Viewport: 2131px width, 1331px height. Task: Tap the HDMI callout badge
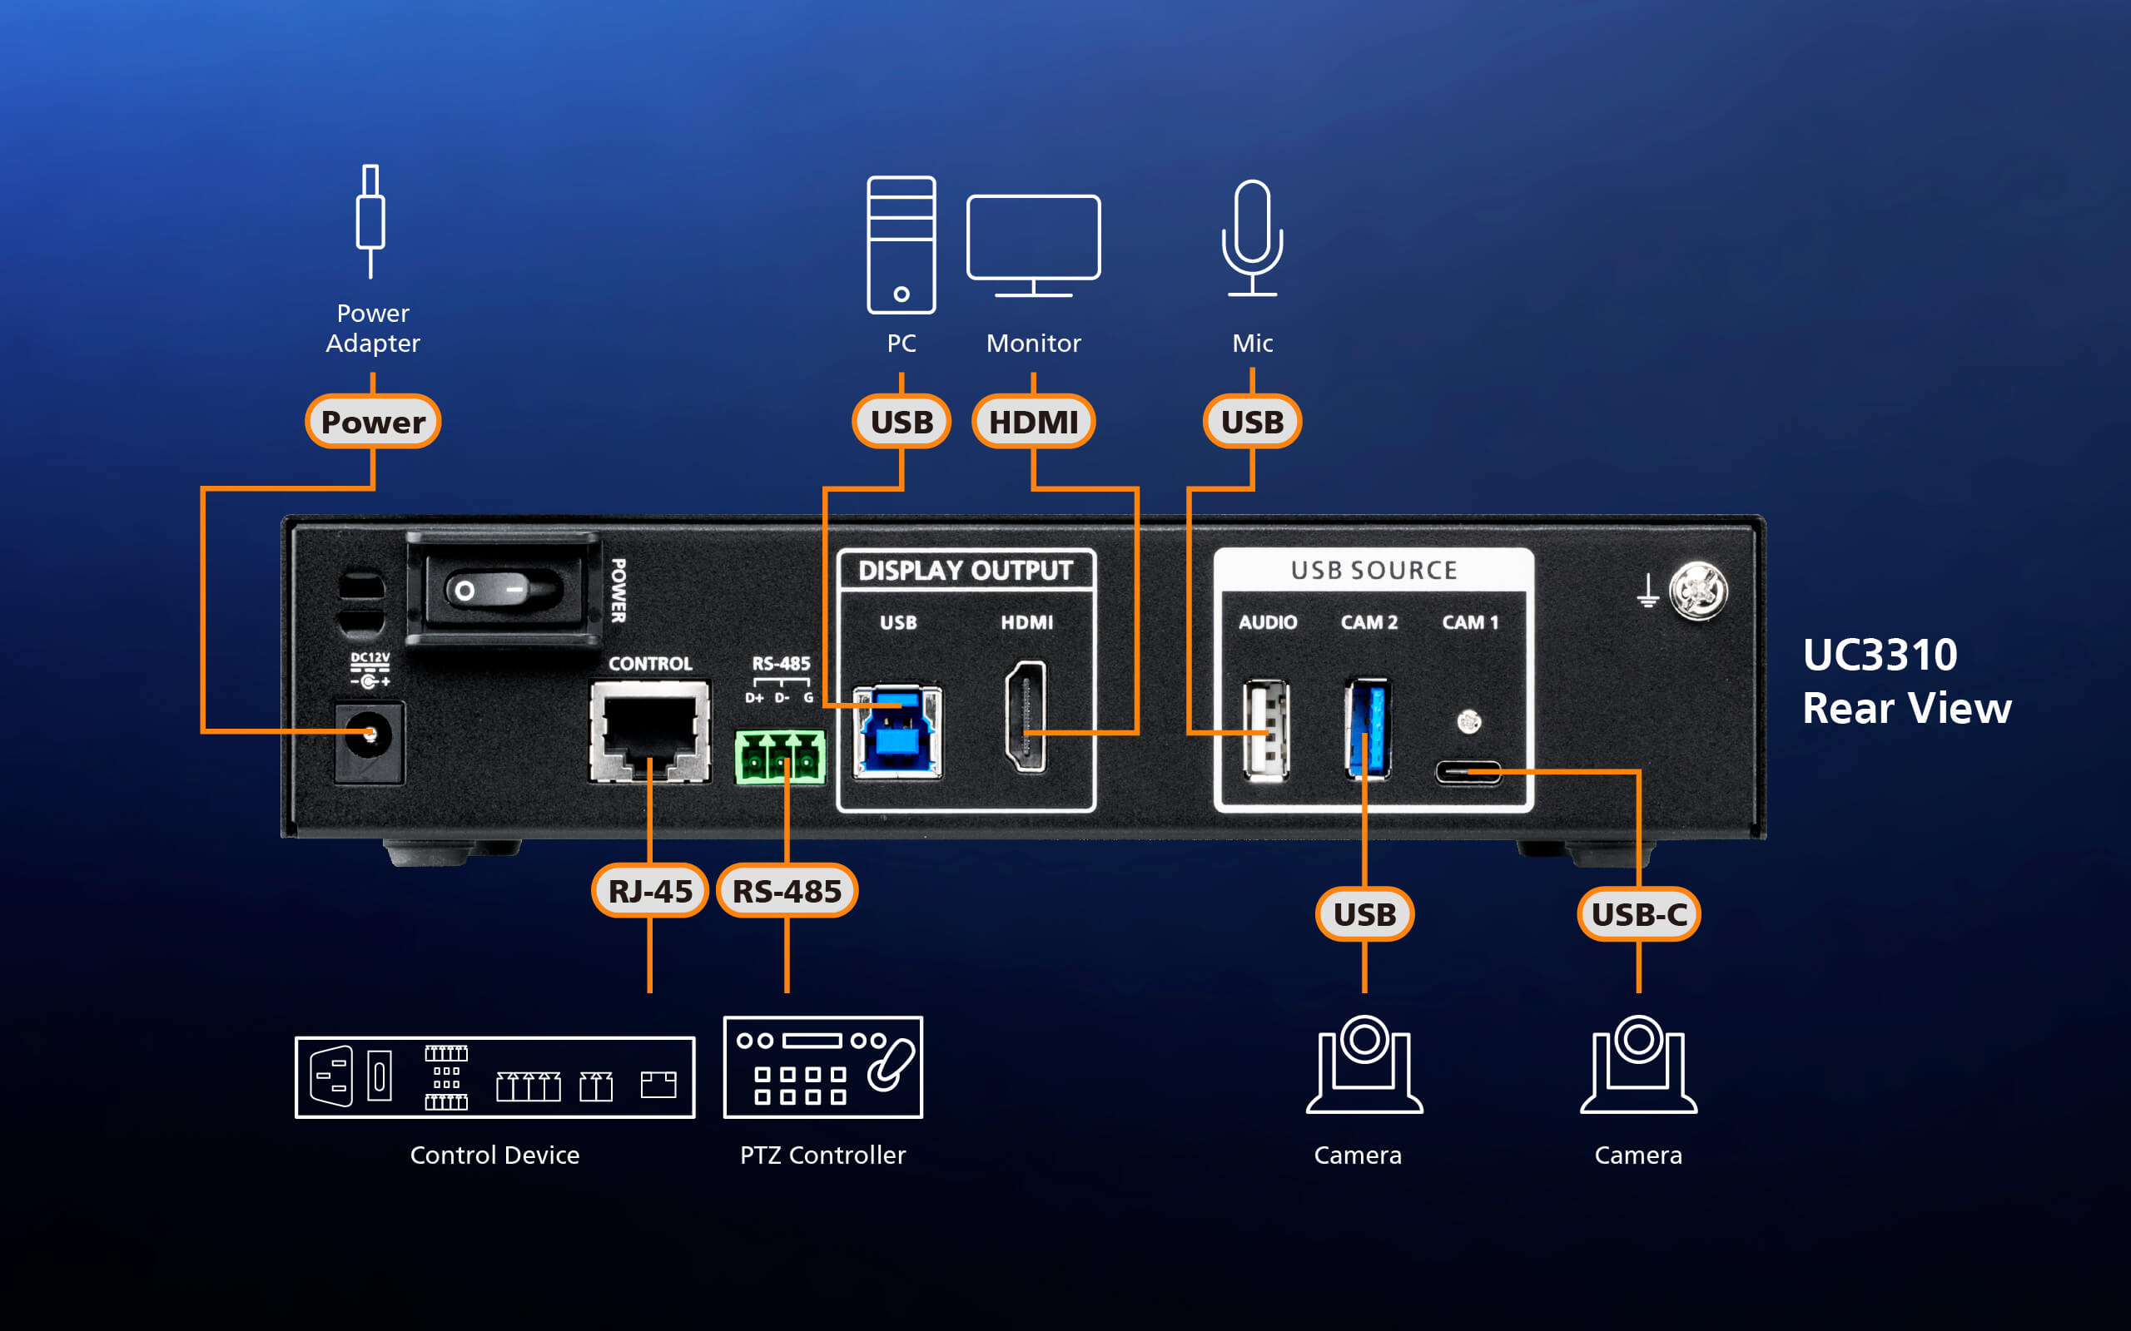click(1033, 422)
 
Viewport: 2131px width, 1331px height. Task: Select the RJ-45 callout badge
click(650, 891)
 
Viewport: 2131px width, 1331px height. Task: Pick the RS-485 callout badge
click(787, 891)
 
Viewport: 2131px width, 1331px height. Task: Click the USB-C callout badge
click(1638, 914)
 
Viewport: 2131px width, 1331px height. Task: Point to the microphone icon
click(1251, 238)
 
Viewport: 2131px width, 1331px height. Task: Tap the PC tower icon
click(901, 245)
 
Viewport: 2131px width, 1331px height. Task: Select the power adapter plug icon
click(370, 220)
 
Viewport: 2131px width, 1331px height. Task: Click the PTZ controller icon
click(822, 1067)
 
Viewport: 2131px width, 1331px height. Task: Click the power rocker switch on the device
click(502, 589)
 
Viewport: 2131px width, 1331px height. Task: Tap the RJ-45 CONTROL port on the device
click(650, 730)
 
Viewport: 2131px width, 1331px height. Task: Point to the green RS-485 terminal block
click(780, 756)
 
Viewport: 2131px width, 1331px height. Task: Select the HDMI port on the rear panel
click(1026, 716)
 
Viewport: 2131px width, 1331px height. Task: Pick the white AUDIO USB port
click(1265, 730)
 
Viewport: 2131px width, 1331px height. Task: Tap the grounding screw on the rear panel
click(1698, 591)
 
